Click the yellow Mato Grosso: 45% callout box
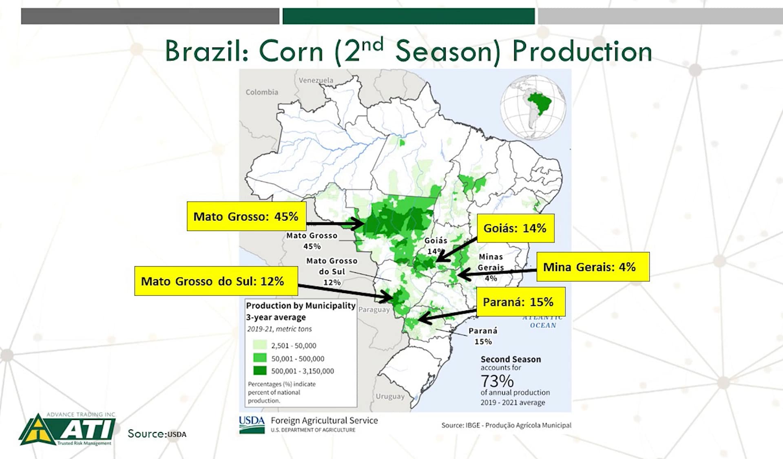pos(246,216)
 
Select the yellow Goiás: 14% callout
pos(515,228)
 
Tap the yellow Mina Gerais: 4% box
pos(593,267)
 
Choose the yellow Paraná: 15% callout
pos(521,302)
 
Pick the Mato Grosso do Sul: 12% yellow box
pos(216,281)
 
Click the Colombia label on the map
pos(262,92)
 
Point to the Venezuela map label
pos(316,80)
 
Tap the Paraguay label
pos(374,309)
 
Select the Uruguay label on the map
pos(390,396)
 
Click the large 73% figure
pos(497,381)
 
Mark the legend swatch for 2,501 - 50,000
pos(260,345)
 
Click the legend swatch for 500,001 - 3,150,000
pos(260,371)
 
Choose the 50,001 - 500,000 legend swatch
pos(260,358)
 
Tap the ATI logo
pos(68,429)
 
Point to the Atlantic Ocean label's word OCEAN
pos(543,325)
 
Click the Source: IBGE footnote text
pos(507,425)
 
